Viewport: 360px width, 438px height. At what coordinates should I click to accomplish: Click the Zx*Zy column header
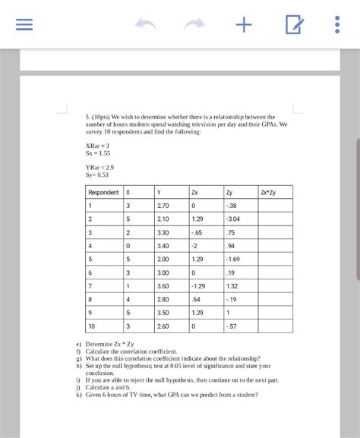(268, 192)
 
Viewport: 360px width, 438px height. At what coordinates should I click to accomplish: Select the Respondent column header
(103, 192)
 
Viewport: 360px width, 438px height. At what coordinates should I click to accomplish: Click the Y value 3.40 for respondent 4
(163, 246)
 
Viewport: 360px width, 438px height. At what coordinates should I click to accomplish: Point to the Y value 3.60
(163, 285)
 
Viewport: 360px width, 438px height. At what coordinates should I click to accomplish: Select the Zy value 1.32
(232, 285)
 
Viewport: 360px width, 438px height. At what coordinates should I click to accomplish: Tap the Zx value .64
(196, 299)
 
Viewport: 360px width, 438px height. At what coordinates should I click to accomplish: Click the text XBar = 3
(98, 145)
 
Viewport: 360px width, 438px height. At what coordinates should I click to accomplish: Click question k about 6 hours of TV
(171, 395)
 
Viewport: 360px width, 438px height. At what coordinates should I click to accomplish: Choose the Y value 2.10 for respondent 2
(163, 219)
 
